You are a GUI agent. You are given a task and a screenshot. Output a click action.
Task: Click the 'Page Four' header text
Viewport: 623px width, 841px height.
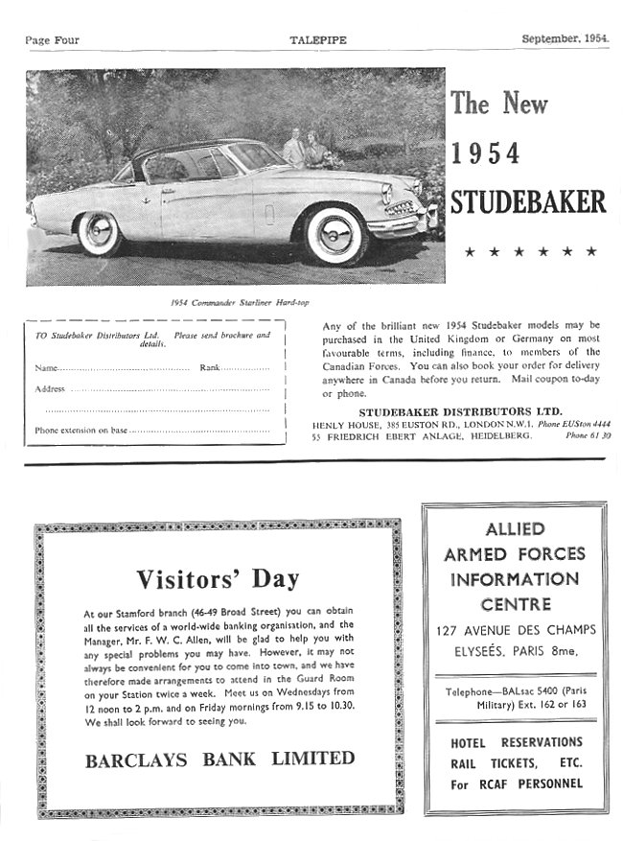pyautogui.click(x=52, y=40)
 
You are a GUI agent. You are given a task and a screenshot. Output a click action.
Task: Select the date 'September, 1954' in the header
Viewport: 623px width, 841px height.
pyautogui.click(x=565, y=39)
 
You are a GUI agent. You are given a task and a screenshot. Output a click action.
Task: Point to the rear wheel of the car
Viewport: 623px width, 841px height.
pyautogui.click(x=99, y=232)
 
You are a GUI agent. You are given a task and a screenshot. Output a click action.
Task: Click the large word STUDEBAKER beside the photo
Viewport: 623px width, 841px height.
pyautogui.click(x=527, y=202)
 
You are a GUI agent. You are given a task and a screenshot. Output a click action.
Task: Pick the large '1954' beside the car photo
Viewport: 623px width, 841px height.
pyautogui.click(x=485, y=153)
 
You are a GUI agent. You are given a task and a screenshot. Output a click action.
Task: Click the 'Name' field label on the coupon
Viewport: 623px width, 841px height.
pyautogui.click(x=46, y=368)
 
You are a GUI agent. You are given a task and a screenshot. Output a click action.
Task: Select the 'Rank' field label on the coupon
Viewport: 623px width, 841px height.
pyautogui.click(x=209, y=368)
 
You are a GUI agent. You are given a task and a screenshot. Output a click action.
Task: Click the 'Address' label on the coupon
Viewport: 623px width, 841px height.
pyautogui.click(x=50, y=389)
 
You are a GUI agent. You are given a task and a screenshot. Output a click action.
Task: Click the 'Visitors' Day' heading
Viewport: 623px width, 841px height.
pyautogui.click(x=218, y=578)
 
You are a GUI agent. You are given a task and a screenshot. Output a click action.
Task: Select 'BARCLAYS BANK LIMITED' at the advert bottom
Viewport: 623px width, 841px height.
pyautogui.click(x=219, y=759)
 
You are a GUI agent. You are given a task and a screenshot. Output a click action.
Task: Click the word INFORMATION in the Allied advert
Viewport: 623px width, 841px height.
pyautogui.click(x=515, y=579)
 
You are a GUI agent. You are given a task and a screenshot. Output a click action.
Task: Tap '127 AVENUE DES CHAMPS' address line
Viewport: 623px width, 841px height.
pyautogui.click(x=515, y=630)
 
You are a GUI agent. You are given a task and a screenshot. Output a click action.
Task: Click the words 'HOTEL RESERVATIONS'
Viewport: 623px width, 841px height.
pyautogui.click(x=516, y=742)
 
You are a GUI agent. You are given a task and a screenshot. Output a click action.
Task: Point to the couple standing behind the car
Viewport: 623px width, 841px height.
pyautogui.click(x=308, y=149)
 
